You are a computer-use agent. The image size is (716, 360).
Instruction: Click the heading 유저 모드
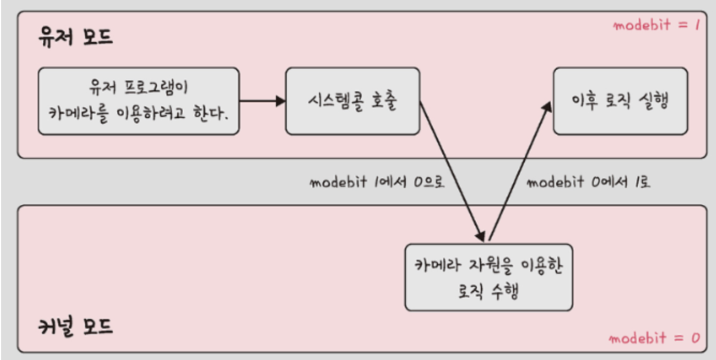click(x=75, y=37)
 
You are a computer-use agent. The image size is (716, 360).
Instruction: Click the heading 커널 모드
click(x=75, y=327)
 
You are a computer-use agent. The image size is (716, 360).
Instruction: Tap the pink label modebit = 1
click(x=656, y=26)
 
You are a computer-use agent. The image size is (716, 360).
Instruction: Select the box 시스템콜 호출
click(x=352, y=101)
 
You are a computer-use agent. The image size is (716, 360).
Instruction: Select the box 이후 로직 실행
click(x=621, y=101)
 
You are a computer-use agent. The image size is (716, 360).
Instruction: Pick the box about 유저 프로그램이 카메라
click(x=138, y=101)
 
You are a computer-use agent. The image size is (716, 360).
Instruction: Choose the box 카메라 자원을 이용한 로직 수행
click(x=488, y=277)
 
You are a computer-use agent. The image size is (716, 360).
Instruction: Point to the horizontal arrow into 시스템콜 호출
click(x=262, y=100)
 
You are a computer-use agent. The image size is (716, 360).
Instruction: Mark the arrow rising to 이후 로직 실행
click(x=519, y=171)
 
